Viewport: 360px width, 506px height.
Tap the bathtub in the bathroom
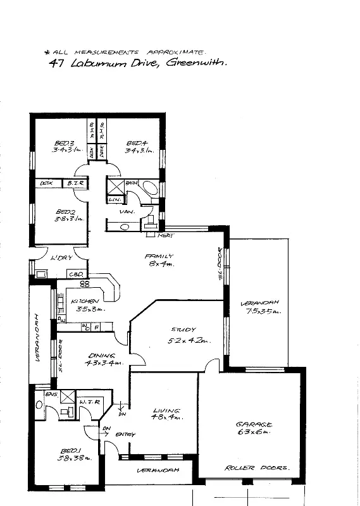coord(149,188)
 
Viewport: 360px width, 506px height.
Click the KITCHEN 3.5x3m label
coord(84,304)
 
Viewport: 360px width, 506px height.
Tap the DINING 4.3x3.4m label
coord(101,359)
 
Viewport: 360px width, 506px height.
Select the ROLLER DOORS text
coord(256,468)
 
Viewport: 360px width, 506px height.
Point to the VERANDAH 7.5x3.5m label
coord(260,307)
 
